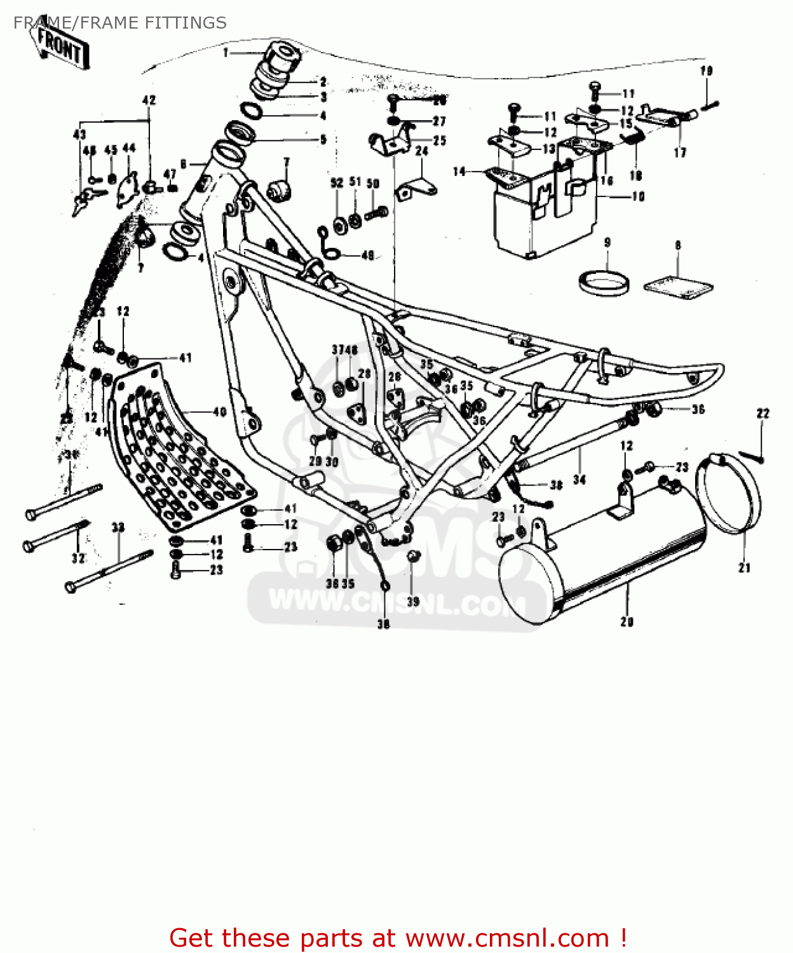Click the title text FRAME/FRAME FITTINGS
click(119, 23)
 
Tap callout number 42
click(149, 100)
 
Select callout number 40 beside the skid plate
click(219, 412)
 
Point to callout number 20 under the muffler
click(627, 622)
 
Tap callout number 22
click(763, 414)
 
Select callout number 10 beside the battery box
click(638, 197)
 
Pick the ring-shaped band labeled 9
click(604, 282)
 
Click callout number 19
click(707, 71)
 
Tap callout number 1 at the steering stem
click(226, 53)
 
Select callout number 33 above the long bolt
click(118, 527)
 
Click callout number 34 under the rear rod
click(579, 480)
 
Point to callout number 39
click(413, 601)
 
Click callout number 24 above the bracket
click(422, 151)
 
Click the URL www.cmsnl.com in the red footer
click(507, 938)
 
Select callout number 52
click(337, 183)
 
